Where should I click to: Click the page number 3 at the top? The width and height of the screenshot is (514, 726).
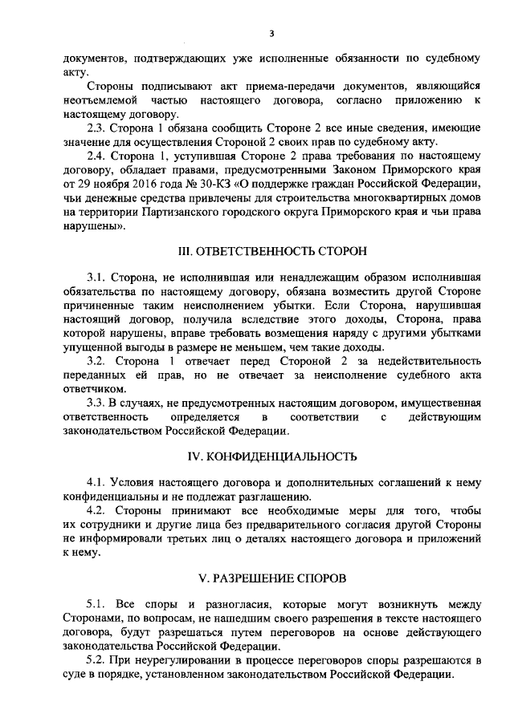[271, 34]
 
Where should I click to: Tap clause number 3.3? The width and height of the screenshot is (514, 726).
[96, 402]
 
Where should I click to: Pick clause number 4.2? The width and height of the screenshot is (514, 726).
[96, 512]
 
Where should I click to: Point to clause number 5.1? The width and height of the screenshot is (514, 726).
[96, 602]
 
